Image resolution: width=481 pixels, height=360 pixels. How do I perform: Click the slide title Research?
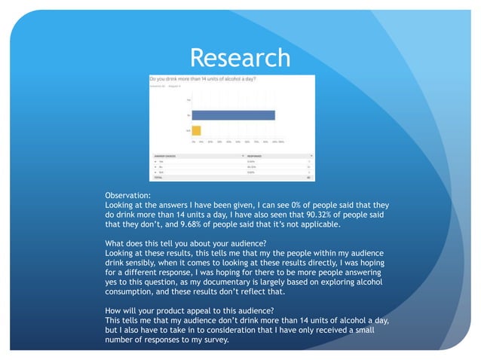coord(240,58)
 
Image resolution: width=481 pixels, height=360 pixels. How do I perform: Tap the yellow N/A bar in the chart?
coord(196,131)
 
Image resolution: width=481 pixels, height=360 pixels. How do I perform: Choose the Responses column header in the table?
coord(259,156)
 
